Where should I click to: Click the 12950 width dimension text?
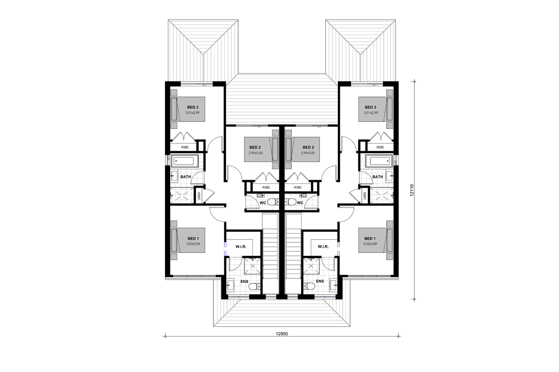pos(282,334)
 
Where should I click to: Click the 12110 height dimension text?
pos(412,190)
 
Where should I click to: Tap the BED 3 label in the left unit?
pos(193,107)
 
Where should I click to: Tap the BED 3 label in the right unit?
pos(370,107)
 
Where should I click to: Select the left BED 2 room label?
pos(255,147)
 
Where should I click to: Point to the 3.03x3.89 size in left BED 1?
pos(193,244)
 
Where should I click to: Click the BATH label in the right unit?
pos(377,177)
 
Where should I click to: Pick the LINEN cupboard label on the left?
pos(199,196)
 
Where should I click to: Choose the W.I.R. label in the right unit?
pos(323,247)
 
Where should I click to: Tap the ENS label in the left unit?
pos(244,282)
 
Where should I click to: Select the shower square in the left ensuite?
pos(253,266)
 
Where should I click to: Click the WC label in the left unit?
pos(263,203)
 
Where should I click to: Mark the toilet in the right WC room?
pos(292,202)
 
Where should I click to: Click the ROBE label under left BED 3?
pos(185,147)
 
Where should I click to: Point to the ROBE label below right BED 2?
pos(297,188)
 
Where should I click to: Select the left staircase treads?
pos(271,251)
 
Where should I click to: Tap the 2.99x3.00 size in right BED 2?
pos(308,153)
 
